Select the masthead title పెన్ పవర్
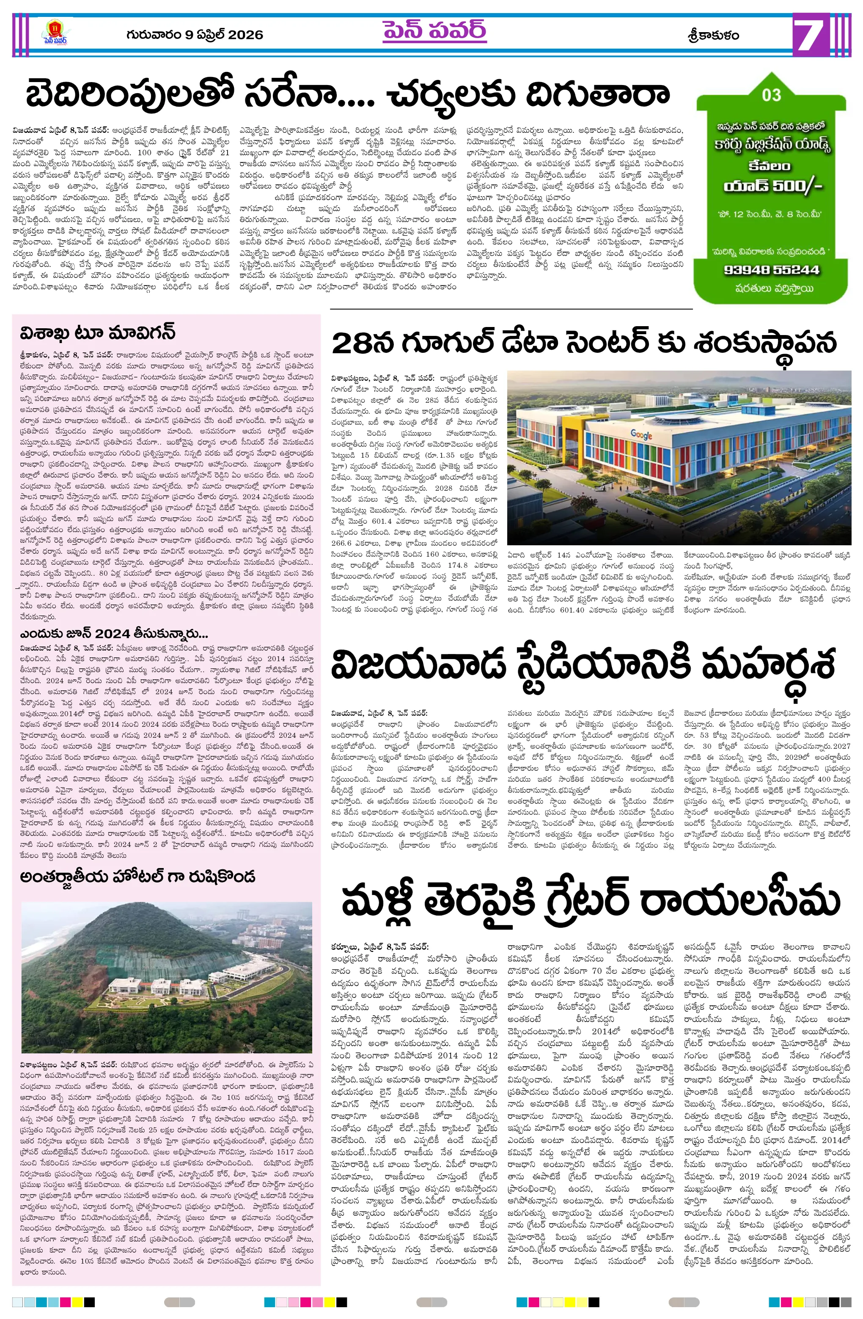[x=434, y=30]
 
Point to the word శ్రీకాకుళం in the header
[x=713, y=36]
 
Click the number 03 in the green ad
[x=771, y=95]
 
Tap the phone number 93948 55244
[x=771, y=270]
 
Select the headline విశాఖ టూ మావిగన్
[x=98, y=332]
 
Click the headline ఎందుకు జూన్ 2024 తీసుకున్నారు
[x=114, y=633]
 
